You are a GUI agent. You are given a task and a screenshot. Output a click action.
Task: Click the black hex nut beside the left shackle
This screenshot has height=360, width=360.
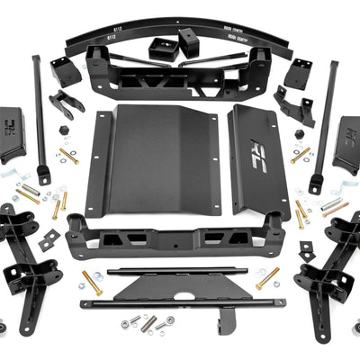pos(64,130)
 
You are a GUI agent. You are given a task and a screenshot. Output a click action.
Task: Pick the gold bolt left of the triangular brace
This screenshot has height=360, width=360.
pos(92,282)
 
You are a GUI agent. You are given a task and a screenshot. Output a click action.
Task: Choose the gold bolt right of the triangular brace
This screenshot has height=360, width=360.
pos(267,278)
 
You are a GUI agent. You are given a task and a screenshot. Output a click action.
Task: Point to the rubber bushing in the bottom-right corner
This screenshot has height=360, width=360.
pos(355,327)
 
